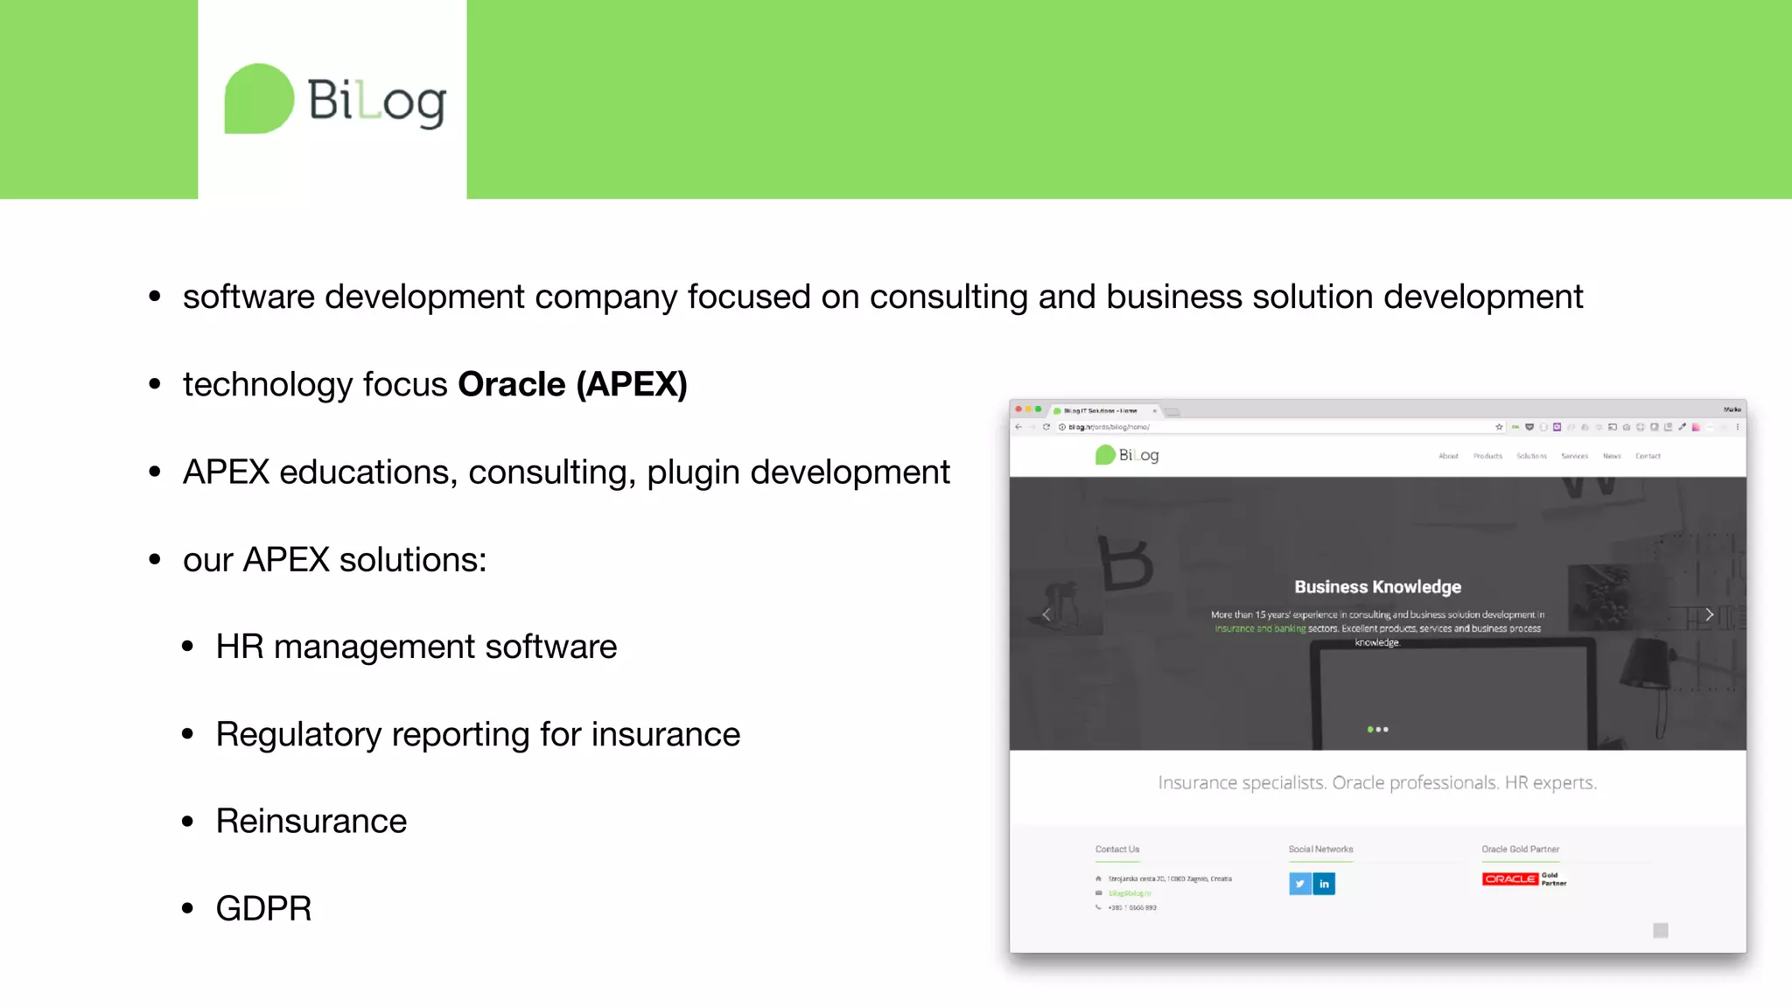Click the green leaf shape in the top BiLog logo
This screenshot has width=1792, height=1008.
259,99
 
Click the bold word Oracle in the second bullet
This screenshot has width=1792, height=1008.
511,384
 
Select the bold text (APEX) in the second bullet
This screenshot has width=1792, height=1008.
632,384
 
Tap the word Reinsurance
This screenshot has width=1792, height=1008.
311,822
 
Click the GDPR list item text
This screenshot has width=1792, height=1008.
263,909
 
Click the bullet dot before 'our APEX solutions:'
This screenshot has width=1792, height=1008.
155,559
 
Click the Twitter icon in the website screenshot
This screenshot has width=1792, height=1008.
1299,884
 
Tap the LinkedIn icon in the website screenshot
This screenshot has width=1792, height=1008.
1324,884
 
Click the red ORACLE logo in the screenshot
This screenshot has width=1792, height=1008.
1509,878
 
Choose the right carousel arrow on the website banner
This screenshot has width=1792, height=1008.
1709,614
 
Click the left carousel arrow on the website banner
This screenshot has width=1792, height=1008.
1046,614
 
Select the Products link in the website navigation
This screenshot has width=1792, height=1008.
1487,456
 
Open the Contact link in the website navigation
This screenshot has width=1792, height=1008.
1648,456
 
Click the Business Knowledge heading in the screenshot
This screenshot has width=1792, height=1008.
1377,587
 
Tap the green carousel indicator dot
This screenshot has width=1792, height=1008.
1369,729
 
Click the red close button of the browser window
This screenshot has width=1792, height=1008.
1018,409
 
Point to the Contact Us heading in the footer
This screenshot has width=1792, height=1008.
1116,850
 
